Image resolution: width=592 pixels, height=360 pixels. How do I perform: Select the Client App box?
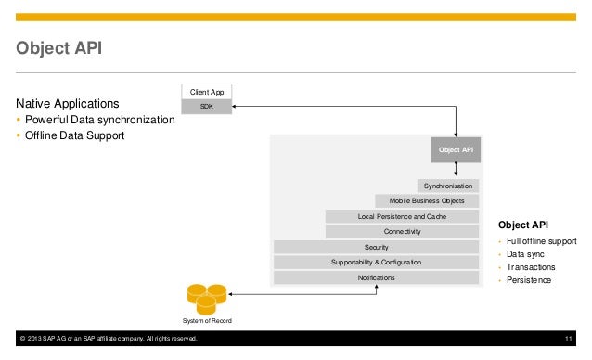coord(206,92)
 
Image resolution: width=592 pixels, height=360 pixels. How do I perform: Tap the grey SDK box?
coord(206,107)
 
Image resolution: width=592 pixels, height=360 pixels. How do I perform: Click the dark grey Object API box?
coord(455,150)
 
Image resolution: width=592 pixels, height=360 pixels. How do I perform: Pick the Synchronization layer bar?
coord(447,186)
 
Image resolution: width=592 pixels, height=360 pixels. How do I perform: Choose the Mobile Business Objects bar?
coord(427,200)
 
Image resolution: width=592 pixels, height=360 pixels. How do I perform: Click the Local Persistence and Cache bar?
coord(402,216)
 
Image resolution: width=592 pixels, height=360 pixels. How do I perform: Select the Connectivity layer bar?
coord(402,231)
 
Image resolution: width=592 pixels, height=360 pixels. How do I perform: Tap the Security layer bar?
coord(376,247)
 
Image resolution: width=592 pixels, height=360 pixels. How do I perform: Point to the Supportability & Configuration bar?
coord(376,263)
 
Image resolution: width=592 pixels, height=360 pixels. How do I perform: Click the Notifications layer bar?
coord(376,277)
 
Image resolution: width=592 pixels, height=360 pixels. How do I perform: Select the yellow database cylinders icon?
coord(207,297)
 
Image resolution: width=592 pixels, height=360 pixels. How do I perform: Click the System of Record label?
coord(208,321)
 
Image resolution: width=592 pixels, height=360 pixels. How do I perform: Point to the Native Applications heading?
coord(65,103)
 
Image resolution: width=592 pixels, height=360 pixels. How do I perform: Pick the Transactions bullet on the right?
coord(532,266)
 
